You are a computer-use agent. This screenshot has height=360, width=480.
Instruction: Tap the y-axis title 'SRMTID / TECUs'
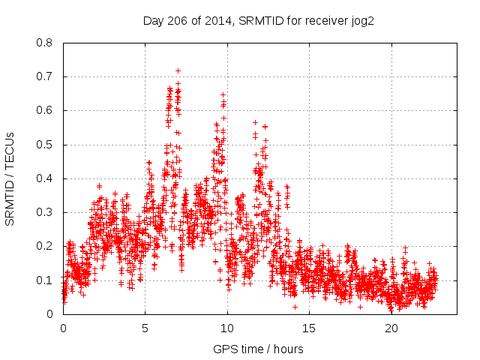10,178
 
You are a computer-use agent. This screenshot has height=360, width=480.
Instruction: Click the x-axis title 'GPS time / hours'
259,349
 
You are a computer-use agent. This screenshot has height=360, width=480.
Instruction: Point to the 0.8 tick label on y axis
44,43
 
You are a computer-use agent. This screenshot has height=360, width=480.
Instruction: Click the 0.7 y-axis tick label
44,76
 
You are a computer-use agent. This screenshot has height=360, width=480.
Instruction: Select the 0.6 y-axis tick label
44,110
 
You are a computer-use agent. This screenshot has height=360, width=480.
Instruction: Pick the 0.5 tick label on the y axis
44,145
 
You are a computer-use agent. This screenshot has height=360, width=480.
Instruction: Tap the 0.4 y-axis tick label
44,178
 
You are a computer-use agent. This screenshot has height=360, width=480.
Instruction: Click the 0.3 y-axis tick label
44,212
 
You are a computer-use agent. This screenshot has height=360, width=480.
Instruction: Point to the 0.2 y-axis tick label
44,246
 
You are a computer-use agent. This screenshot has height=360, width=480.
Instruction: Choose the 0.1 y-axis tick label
44,280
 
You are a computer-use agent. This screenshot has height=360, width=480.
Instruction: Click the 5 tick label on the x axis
145,328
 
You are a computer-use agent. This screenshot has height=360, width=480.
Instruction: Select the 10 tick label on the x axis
227,328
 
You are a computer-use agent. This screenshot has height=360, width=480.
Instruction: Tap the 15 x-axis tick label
309,328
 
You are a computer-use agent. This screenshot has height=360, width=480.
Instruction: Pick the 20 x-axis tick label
391,328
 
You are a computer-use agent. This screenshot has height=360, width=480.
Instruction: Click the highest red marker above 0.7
178,70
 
